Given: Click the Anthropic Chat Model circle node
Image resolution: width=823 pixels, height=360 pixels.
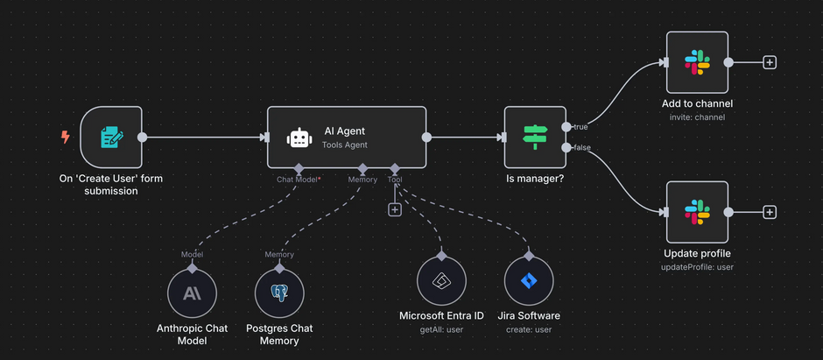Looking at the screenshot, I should tap(192, 293).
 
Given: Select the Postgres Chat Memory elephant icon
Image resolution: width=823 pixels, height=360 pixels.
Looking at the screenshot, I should tap(279, 293).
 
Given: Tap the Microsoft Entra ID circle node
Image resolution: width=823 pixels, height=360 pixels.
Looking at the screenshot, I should tap(441, 281).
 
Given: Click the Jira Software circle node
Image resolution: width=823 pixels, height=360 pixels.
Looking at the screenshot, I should tap(529, 281).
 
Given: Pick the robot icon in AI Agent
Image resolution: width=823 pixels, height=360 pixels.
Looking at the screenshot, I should tap(299, 138).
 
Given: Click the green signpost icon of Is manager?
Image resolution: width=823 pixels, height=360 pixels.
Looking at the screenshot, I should tap(534, 137).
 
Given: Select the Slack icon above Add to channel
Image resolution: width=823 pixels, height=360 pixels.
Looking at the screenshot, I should tap(697, 62).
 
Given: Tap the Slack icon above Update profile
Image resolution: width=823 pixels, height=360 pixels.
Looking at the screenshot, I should tap(697, 212).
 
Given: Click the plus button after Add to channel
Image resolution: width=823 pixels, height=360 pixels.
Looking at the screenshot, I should tap(770, 62).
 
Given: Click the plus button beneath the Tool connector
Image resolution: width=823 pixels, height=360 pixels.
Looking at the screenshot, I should tap(395, 209).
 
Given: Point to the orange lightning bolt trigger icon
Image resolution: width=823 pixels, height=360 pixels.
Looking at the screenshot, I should tap(65, 137).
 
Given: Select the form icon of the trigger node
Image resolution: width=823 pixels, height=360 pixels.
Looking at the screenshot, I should tap(111, 137).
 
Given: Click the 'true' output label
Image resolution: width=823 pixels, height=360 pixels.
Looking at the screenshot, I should tap(580, 127).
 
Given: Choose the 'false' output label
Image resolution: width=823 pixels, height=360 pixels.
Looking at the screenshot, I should tap(581, 147).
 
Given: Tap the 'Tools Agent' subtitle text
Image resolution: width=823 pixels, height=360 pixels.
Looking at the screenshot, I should tap(346, 145).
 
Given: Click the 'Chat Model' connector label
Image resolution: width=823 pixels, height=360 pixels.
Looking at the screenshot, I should tap(298, 180).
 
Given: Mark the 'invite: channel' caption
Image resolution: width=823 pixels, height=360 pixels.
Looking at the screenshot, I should tap(697, 117).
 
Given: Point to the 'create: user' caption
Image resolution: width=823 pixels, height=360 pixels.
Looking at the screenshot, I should tap(529, 329).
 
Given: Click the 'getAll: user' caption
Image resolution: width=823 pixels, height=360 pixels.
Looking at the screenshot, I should tap(441, 329).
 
